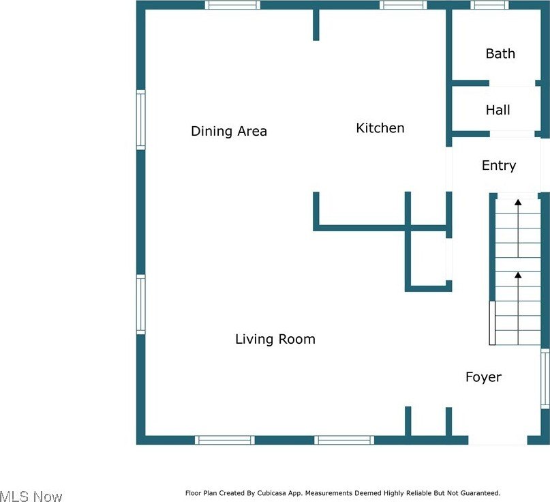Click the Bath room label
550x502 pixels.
tap(500, 54)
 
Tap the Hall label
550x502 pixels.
tap(498, 110)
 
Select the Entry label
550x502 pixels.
tap(499, 165)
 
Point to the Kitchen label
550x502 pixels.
tap(380, 128)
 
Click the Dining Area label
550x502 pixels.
tap(229, 131)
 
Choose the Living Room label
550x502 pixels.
tap(275, 339)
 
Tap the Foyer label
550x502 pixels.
tap(483, 377)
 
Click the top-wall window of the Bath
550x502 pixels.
tap(489, 5)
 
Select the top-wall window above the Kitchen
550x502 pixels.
tap(403, 5)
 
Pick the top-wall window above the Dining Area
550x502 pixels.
tap(232, 5)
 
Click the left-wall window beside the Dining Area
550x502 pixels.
tap(140, 120)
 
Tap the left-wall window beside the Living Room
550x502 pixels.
tap(140, 304)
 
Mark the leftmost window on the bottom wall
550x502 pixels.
tap(225, 440)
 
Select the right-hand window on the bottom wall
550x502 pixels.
tap(344, 440)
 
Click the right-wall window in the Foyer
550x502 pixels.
tap(545, 379)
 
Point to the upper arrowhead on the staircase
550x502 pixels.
tap(518, 202)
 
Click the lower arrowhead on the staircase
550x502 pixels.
tap(518, 275)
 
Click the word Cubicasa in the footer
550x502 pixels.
tap(271, 493)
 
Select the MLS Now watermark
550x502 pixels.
tap(31, 496)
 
